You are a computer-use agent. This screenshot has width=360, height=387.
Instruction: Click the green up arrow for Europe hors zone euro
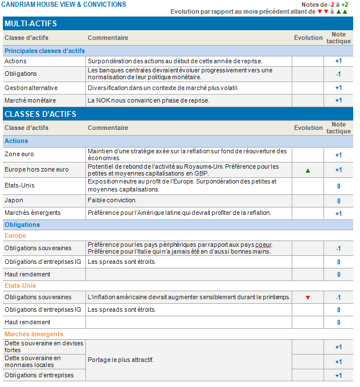(x=308, y=170)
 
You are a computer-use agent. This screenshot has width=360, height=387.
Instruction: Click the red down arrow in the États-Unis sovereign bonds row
(x=308, y=298)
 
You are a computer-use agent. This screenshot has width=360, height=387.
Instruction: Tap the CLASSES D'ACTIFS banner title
(x=40, y=114)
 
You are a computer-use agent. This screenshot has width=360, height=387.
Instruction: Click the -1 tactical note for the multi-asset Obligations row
(x=338, y=74)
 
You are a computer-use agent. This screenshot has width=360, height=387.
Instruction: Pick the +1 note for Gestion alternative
(x=338, y=88)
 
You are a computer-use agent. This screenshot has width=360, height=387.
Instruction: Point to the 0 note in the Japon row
(x=338, y=201)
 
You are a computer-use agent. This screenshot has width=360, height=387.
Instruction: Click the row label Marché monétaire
(x=30, y=100)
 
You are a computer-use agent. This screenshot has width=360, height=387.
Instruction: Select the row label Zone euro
(x=19, y=154)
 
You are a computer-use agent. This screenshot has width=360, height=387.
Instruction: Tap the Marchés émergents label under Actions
(x=32, y=213)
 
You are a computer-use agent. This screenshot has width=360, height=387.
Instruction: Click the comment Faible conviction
(x=112, y=201)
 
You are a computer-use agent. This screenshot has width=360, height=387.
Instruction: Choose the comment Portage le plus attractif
(x=120, y=360)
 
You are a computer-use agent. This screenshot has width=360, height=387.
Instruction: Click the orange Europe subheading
(x=15, y=235)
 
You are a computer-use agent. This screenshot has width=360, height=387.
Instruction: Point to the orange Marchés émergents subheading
(x=34, y=334)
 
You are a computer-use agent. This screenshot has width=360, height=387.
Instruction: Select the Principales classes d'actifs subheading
(x=44, y=51)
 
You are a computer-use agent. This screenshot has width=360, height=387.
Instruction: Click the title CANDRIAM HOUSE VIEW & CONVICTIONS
(x=63, y=5)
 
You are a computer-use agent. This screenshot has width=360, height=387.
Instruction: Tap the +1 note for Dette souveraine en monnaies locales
(x=338, y=362)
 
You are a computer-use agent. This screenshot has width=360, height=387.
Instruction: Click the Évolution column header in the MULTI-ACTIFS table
(x=308, y=38)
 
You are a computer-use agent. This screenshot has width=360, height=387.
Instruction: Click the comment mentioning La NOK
(x=149, y=100)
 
